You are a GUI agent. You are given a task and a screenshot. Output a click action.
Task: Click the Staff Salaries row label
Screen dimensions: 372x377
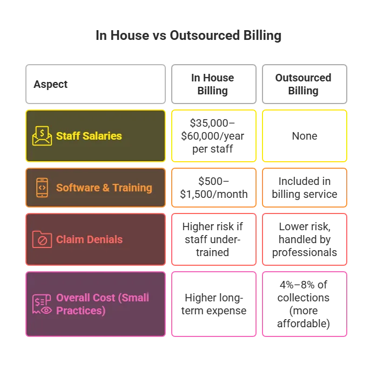pos(89,136)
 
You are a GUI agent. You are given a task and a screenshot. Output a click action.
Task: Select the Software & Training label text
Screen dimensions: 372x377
pos(104,188)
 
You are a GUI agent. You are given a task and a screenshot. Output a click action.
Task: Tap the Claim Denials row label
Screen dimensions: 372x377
pos(89,239)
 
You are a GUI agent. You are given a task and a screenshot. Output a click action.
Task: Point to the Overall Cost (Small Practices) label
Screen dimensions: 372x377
pos(103,304)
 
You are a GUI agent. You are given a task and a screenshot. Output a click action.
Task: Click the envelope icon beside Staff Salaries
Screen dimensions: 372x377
pos(42,136)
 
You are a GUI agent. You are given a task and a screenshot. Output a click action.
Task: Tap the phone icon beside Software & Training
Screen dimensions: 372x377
pos(42,188)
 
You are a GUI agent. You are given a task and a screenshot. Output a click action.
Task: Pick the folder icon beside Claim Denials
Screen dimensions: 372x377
pos(42,239)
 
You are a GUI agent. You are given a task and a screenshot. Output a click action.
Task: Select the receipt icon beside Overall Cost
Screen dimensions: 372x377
pos(42,304)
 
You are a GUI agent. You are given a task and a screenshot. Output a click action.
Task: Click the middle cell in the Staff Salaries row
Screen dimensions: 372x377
pos(214,136)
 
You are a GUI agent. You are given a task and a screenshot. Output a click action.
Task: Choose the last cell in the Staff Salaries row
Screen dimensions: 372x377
pos(305,136)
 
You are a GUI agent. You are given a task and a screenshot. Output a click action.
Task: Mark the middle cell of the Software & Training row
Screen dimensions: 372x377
pos(214,188)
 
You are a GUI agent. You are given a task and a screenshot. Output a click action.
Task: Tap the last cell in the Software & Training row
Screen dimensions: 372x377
pos(305,188)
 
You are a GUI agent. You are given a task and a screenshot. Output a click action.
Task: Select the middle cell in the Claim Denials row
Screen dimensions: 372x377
pos(214,239)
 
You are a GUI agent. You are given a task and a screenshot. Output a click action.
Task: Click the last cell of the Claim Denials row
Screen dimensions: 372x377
pos(305,239)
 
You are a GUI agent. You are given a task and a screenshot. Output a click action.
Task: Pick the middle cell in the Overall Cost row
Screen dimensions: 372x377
pos(214,304)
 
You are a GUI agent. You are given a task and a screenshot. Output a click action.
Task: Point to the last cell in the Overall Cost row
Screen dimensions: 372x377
pos(305,304)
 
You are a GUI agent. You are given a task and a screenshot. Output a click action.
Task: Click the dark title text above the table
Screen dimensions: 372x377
pos(189,37)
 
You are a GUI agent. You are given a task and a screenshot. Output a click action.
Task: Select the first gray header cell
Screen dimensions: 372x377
pos(95,84)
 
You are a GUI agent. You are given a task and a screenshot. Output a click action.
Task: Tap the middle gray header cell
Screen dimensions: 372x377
pos(214,84)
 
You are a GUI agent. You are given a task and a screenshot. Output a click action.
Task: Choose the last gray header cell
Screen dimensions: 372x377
pos(305,84)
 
